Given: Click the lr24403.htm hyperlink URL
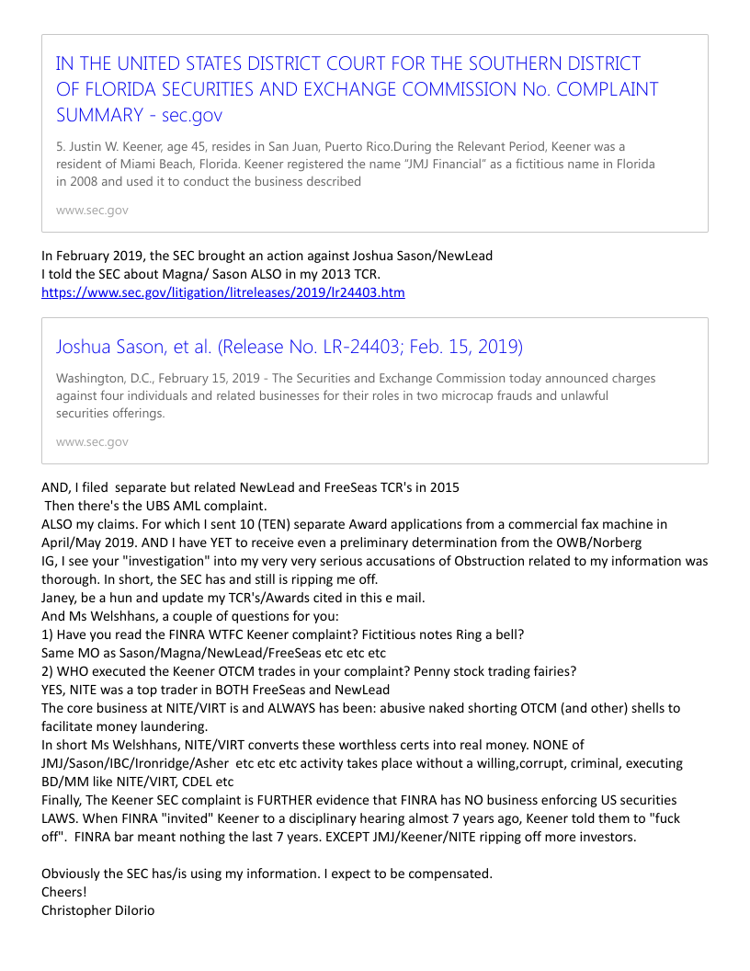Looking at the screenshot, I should click(x=223, y=292).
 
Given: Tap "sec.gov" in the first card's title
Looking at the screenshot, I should click(x=192, y=116).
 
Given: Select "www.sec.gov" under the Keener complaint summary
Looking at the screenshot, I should click(x=92, y=211).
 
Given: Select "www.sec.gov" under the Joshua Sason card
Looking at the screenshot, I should click(x=92, y=442).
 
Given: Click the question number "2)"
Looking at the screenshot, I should click(x=49, y=671).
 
